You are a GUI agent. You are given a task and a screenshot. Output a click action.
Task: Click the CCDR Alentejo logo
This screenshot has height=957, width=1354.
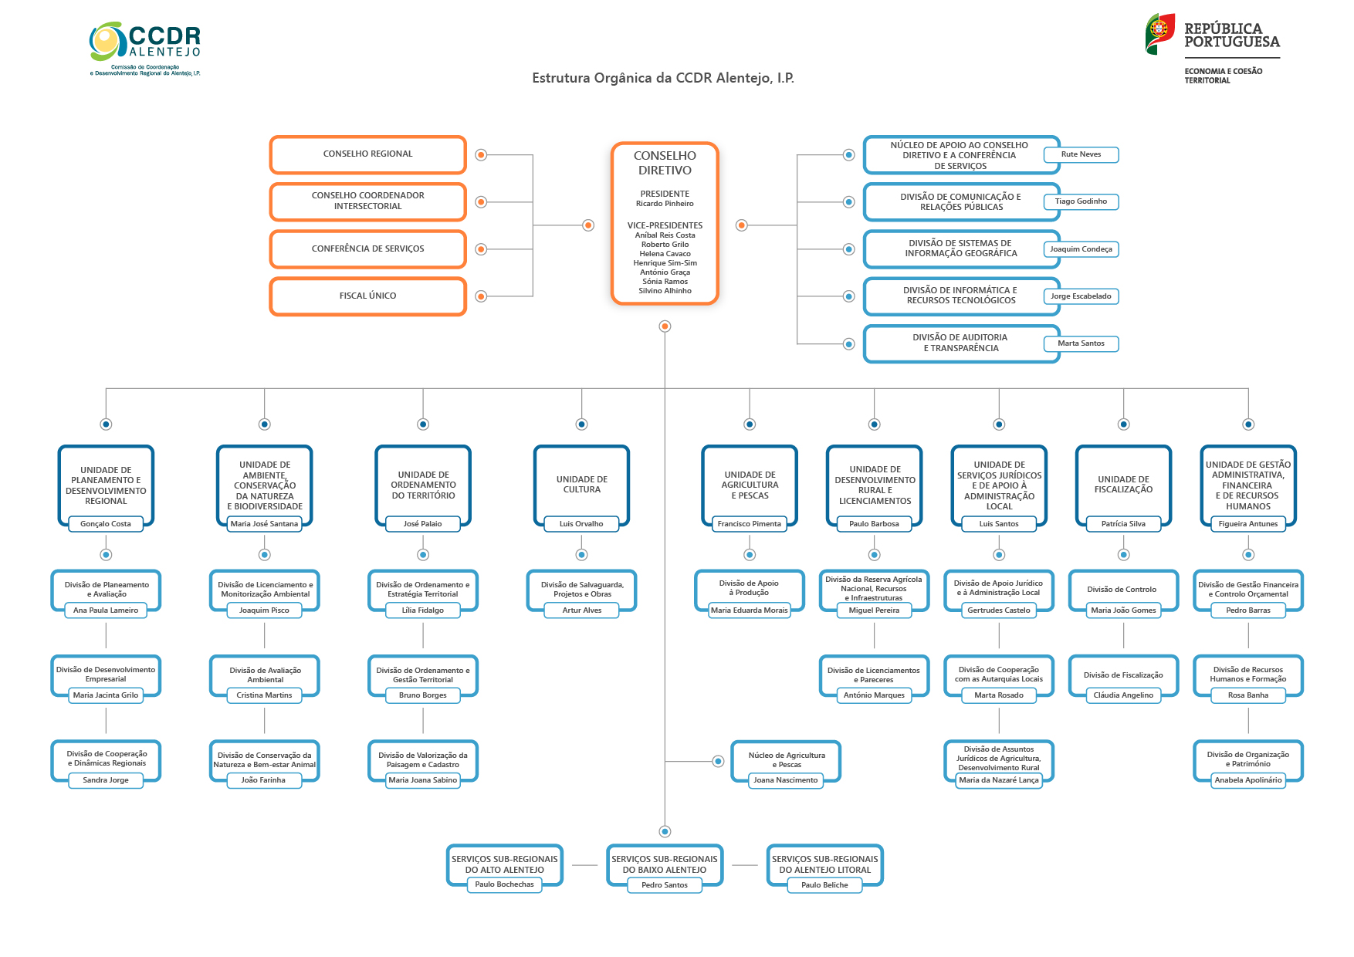(145, 48)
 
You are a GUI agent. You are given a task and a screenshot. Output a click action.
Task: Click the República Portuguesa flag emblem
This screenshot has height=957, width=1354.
(1159, 33)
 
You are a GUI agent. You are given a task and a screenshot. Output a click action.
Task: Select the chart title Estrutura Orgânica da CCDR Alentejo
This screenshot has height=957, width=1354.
(663, 78)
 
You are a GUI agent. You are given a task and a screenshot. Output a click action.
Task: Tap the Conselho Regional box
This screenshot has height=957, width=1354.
(367, 154)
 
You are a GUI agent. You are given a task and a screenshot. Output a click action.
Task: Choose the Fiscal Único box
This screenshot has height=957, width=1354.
(367, 296)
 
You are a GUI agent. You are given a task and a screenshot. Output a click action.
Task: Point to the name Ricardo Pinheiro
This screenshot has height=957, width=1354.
(665, 204)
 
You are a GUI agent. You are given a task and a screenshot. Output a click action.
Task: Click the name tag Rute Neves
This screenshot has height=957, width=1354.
(1081, 154)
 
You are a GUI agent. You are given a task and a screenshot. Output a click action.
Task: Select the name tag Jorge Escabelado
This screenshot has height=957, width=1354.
(1081, 296)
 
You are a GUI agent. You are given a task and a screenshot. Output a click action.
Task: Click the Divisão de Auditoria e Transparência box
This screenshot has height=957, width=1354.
(960, 343)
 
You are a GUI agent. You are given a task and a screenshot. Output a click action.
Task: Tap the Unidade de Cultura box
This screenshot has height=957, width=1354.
(581, 484)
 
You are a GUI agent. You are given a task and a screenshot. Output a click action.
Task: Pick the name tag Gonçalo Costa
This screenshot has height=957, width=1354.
(106, 524)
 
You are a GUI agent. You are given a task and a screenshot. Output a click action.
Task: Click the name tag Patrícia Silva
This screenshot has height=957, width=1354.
(1123, 524)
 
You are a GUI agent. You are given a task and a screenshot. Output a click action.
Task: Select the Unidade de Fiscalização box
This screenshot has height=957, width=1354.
(1123, 484)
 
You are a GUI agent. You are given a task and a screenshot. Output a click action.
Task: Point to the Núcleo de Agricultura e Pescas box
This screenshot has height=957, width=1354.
(786, 759)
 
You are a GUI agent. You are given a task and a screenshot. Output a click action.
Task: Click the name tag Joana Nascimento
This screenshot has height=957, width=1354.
(785, 780)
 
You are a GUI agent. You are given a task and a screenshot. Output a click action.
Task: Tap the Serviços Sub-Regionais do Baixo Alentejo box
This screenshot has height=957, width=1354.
(664, 864)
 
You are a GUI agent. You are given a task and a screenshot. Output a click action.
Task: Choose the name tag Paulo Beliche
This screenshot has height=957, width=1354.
(824, 885)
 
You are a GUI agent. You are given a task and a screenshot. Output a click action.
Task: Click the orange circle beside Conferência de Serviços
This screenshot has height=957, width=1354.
(481, 249)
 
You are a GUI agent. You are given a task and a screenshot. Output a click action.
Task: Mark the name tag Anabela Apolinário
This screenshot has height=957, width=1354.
(1247, 780)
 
